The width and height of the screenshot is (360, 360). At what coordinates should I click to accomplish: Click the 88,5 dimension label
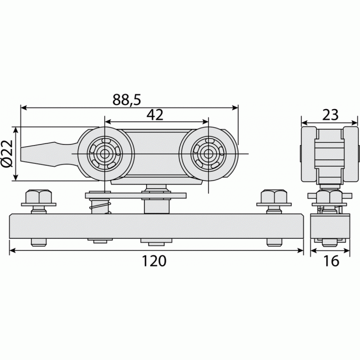126,100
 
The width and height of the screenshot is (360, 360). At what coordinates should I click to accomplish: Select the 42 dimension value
155,115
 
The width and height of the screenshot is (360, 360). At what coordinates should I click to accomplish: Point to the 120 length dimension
154,261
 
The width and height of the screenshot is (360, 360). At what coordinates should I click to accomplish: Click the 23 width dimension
331,115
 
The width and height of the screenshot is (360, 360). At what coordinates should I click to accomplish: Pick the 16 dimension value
331,261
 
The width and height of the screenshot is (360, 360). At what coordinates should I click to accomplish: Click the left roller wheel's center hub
105,153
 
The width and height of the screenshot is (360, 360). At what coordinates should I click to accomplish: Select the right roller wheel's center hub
208,153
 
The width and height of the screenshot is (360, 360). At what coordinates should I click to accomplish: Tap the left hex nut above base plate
39,196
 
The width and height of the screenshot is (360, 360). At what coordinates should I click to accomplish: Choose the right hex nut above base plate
274,196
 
